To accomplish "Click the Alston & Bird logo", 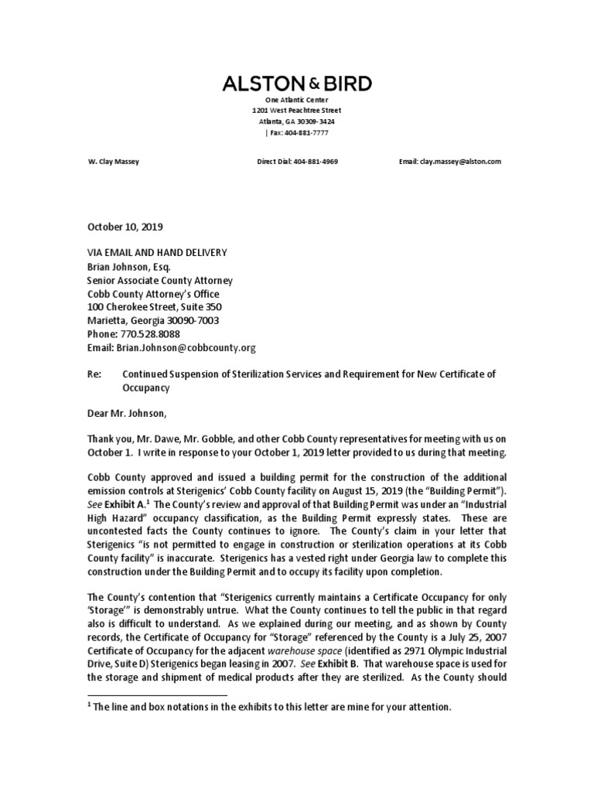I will (297, 84).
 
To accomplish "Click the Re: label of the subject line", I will (93, 374).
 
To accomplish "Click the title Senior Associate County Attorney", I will (159, 281).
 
